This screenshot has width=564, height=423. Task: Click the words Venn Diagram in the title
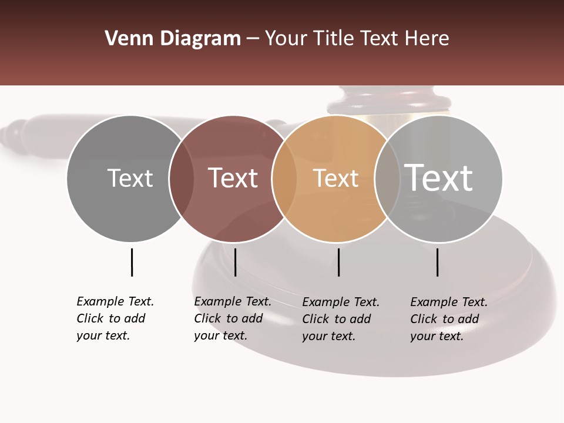click(173, 39)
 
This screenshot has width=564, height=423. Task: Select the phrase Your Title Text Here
click(357, 39)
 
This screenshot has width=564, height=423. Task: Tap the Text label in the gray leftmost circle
click(130, 178)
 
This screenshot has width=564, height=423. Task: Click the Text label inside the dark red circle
click(233, 178)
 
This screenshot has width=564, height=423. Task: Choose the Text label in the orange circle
click(335, 179)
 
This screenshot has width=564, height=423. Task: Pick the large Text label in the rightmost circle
click(439, 177)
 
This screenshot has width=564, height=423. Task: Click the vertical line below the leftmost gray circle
click(132, 262)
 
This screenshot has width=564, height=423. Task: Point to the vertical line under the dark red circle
click(235, 262)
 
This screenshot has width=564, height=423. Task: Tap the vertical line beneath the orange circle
click(339, 262)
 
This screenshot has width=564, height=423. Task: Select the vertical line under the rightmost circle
click(438, 262)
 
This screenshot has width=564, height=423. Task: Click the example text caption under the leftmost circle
click(115, 318)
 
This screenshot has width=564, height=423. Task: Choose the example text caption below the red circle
click(233, 318)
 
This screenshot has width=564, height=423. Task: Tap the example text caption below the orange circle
click(341, 319)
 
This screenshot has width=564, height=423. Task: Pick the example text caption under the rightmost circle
click(449, 319)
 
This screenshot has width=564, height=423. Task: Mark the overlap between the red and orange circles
click(284, 178)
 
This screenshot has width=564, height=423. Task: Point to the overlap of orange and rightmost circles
click(386, 178)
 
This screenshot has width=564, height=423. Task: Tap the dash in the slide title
click(253, 39)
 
